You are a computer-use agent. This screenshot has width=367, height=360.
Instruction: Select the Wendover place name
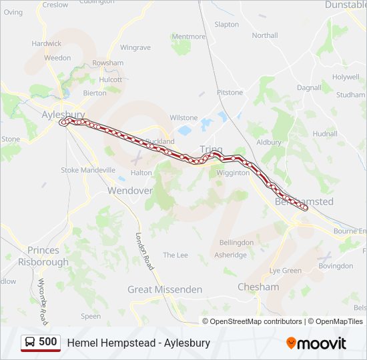[x=130, y=190]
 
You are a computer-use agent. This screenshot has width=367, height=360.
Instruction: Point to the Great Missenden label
[x=165, y=289]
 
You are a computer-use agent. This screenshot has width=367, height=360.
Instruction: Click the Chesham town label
[x=258, y=287]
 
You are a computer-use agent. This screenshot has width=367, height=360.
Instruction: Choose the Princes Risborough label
[x=48, y=256]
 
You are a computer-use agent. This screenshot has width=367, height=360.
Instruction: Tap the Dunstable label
[x=346, y=5]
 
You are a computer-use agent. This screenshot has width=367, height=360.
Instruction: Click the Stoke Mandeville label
[x=89, y=170]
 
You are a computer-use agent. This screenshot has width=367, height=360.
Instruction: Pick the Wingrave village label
[x=135, y=48]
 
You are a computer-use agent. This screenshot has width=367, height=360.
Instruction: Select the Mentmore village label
[x=189, y=37]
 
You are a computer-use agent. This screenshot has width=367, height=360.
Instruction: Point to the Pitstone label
[x=230, y=93]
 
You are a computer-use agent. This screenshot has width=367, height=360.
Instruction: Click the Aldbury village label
[x=269, y=142]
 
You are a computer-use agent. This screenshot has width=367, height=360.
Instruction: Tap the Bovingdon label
[x=336, y=265]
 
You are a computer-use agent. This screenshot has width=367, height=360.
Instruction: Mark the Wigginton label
[x=233, y=173]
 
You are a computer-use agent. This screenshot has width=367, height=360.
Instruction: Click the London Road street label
[x=145, y=251]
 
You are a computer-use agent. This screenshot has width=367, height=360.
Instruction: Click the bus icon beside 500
[x=31, y=343]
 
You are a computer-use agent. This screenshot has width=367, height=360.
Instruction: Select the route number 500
[x=47, y=342]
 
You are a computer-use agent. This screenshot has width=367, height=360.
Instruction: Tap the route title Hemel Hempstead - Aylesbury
[x=139, y=343]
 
